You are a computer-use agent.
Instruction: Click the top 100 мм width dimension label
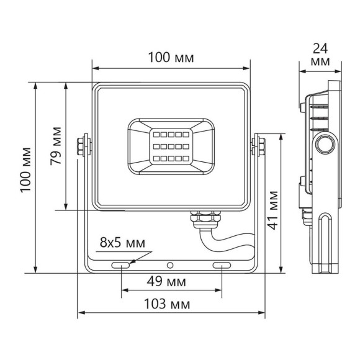click(171, 58)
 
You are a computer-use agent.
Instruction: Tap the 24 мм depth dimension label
click(320, 55)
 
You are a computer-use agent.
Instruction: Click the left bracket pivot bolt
click(81, 146)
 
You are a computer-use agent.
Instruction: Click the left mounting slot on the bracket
click(121, 265)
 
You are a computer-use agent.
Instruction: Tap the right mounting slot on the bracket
click(222, 265)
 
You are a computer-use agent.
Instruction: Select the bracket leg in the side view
click(326, 242)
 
